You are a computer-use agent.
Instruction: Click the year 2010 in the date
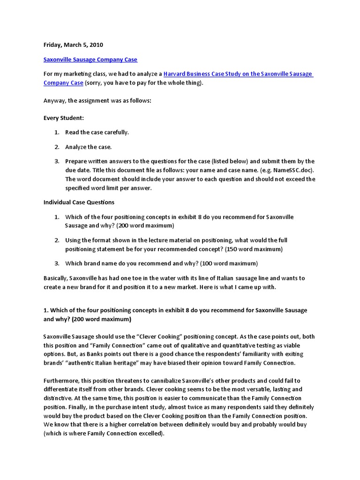point(96,45)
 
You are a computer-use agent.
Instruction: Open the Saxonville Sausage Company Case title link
point(90,60)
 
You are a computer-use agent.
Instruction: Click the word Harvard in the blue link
point(175,74)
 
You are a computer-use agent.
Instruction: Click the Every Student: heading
point(63,118)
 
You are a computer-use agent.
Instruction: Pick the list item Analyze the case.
point(89,147)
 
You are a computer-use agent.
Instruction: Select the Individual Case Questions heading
point(79,202)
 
